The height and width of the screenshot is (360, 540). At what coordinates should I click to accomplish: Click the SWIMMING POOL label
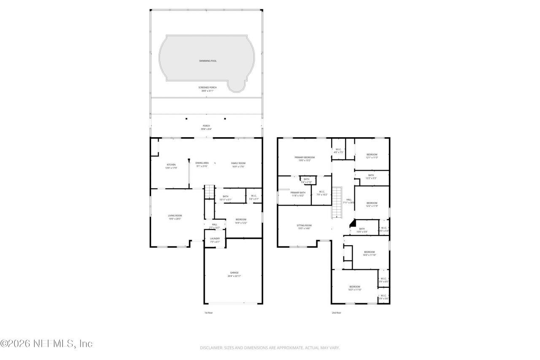208,61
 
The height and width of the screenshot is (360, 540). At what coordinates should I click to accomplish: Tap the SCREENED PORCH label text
208,87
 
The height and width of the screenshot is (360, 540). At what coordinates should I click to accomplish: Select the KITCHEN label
171,165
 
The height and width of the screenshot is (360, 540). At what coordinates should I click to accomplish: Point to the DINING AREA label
202,163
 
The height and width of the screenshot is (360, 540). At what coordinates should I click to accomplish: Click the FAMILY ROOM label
238,163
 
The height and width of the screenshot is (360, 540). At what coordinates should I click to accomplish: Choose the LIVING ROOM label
175,216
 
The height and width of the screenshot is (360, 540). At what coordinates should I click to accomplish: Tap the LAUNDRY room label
215,238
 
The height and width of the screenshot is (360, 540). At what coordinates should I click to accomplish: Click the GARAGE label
234,273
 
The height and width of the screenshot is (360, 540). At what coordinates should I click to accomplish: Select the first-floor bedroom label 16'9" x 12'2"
241,219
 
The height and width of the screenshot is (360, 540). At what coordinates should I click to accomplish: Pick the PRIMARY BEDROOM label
304,157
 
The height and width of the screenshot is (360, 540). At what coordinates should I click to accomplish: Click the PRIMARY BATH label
298,192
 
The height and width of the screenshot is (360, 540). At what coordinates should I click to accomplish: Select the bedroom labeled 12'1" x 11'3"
372,154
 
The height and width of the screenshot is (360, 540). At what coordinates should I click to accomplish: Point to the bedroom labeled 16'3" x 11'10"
354,287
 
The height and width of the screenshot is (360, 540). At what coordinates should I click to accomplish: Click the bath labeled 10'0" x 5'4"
362,229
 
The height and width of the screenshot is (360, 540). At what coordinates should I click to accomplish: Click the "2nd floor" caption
336,313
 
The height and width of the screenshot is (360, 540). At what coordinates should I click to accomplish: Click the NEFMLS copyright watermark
46,344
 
